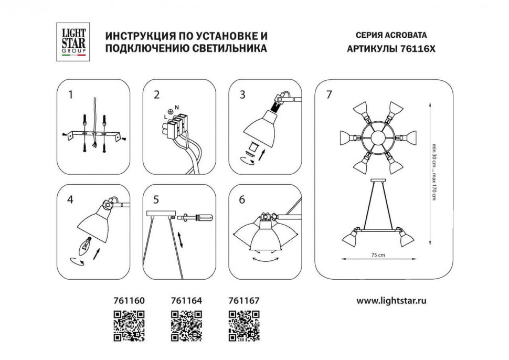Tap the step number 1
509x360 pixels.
70,95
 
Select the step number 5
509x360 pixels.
155,199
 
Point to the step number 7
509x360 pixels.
328,95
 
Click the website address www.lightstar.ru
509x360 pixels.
391,301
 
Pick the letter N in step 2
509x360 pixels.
177,108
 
